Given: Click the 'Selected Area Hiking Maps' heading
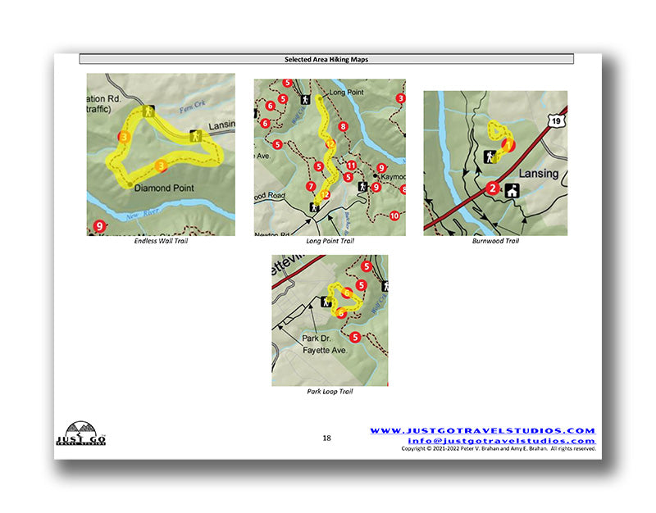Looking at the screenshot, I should point(326,59).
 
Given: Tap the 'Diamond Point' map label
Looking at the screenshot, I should point(163,188).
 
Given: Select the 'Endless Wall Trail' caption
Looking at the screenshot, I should point(161,242).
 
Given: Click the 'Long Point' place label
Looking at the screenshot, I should point(344,93).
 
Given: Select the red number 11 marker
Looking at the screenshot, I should point(350,165).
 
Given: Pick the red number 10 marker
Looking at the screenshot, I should point(394,216).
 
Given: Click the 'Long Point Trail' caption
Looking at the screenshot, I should point(330,242).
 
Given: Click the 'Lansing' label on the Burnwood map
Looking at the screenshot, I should point(538,174).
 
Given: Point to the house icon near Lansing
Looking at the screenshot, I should point(514,190).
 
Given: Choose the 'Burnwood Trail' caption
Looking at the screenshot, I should point(495,242).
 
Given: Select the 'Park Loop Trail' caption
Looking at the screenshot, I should point(330,392).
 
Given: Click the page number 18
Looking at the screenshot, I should point(326,438).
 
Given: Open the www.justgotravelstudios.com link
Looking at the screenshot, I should point(482,430).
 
